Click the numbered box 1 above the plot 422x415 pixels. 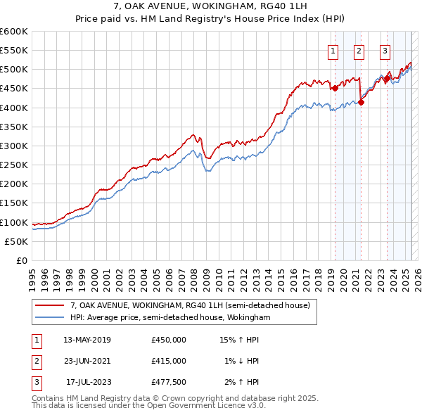pyautogui.click(x=332, y=50)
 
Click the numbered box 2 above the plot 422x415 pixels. pyautogui.click(x=359, y=50)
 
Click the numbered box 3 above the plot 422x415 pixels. pyautogui.click(x=385, y=50)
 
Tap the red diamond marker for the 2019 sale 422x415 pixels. pyautogui.click(x=335, y=88)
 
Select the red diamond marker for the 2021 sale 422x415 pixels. pyautogui.click(x=362, y=102)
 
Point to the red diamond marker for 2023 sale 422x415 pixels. pyautogui.click(x=387, y=79)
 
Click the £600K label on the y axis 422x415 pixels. pyautogui.click(x=14, y=32)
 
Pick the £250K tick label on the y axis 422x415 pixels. pyautogui.click(x=14, y=165)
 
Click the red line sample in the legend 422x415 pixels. pyautogui.click(x=51, y=305)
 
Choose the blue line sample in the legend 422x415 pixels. pyautogui.click(x=51, y=317)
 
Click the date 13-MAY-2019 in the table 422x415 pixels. pyautogui.click(x=87, y=340)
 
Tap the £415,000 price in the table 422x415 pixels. pyautogui.click(x=169, y=361)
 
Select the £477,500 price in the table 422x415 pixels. pyautogui.click(x=169, y=382)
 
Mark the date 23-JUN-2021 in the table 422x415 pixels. pyautogui.click(x=87, y=361)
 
